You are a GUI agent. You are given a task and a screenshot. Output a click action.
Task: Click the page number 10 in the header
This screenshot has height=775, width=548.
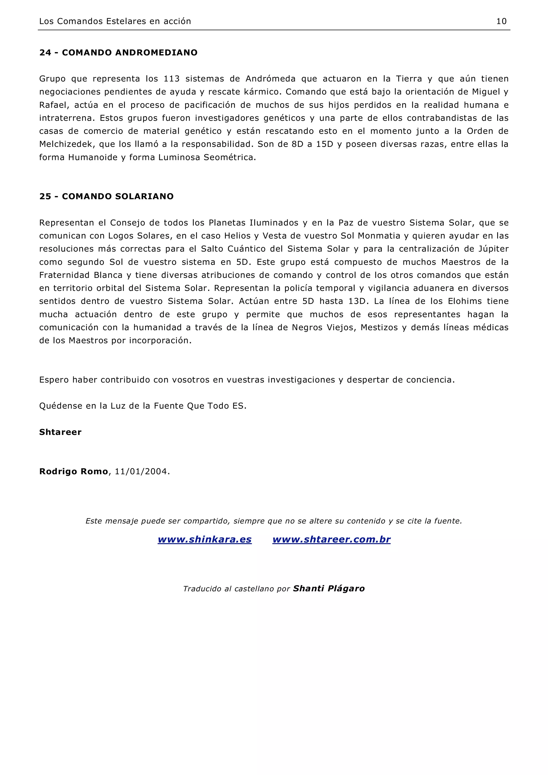point(501,21)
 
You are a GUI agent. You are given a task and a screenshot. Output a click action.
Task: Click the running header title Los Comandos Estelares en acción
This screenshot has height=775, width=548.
point(115,21)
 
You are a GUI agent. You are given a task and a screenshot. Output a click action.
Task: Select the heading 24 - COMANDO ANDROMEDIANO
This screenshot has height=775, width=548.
point(118,53)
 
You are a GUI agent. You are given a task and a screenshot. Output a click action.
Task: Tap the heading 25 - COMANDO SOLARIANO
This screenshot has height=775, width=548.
point(106,197)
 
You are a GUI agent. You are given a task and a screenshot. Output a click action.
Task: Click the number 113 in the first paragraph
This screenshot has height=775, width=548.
point(172,79)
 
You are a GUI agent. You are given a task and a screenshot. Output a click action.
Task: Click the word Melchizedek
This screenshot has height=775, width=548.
point(67,144)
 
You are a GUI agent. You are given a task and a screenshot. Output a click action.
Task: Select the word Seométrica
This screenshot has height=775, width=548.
point(229,158)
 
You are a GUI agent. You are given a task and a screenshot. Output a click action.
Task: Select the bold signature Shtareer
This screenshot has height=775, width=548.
point(60,432)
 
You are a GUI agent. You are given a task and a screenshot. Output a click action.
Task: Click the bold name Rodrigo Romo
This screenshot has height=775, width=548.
point(74,471)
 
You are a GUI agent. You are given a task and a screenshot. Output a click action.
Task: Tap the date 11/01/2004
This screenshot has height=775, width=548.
point(141,471)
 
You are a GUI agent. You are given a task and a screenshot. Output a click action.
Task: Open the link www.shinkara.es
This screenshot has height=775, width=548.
point(205,540)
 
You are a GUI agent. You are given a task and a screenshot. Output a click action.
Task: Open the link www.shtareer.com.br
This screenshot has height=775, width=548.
point(331,540)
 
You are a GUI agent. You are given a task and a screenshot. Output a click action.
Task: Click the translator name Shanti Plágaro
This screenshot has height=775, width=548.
point(329,589)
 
